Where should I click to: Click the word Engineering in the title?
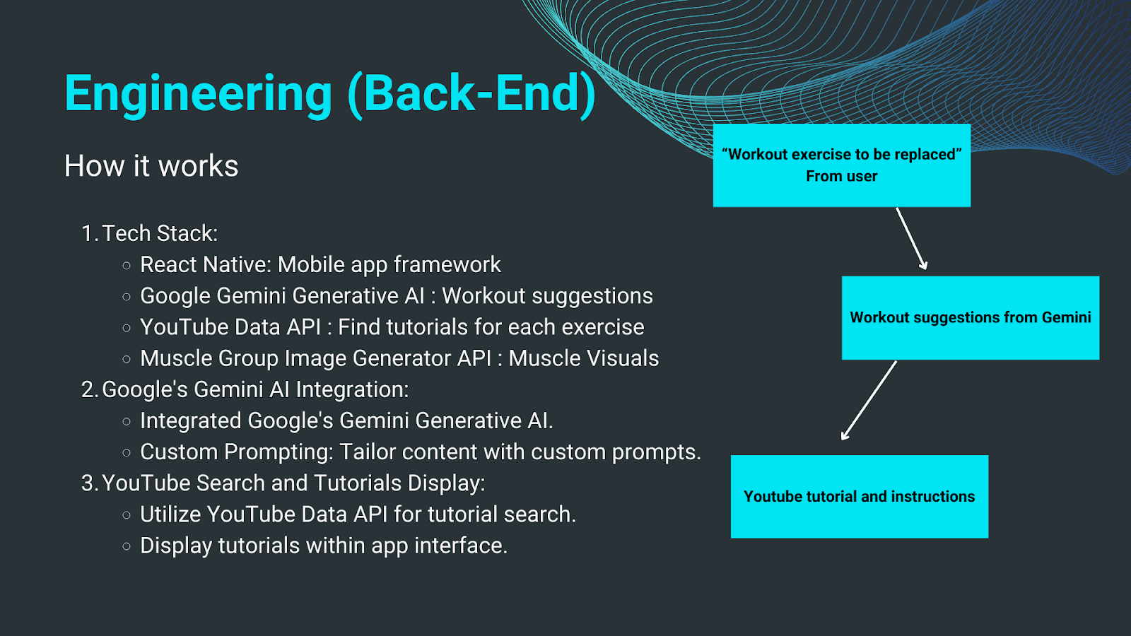[198, 93]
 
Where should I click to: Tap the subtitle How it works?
[151, 166]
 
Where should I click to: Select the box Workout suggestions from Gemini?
[970, 317]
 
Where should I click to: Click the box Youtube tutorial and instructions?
[859, 496]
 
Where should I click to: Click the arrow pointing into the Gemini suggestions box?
[911, 238]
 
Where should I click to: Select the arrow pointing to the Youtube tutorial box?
[869, 401]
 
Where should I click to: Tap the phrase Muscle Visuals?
[583, 358]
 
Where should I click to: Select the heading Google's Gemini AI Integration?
[255, 389]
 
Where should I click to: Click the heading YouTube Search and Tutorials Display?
[293, 483]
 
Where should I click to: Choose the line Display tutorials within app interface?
[324, 546]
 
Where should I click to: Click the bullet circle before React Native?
[127, 266]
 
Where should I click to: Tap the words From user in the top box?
[841, 177]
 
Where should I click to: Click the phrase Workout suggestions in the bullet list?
[547, 295]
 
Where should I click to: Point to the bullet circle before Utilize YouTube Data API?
[127, 515]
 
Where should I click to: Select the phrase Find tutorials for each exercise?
[491, 327]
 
